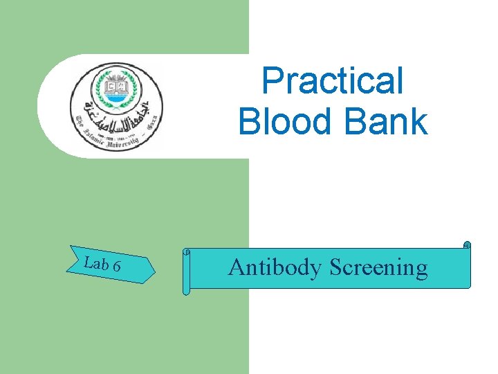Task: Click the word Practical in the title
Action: [x=333, y=81]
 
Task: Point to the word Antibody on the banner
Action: [x=274, y=267]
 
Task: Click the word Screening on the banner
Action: [x=378, y=268]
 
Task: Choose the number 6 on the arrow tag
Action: [x=117, y=265]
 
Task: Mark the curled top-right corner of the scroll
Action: [x=467, y=245]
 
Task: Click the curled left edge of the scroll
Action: [x=185, y=270]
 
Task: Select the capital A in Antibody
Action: [x=236, y=267]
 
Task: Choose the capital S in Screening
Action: [x=335, y=267]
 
